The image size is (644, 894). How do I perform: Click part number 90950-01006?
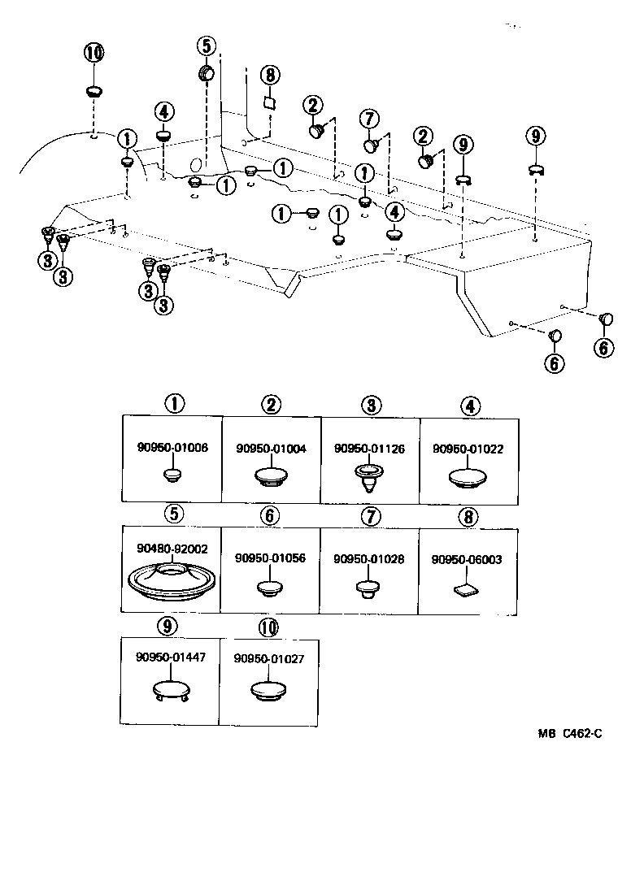click(172, 447)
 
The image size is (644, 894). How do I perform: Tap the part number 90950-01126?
click(370, 448)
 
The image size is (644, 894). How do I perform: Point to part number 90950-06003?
click(468, 559)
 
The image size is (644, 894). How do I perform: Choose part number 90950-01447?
click(171, 658)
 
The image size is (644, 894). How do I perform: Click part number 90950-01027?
click(268, 659)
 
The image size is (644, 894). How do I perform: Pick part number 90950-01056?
click(271, 559)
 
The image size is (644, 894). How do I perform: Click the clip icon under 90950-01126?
click(370, 478)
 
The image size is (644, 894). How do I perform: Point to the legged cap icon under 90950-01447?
click(172, 692)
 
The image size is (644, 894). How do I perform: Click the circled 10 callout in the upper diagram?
click(94, 54)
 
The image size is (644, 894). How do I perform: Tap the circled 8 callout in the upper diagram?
click(270, 75)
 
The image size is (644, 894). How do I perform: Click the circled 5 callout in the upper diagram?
click(207, 46)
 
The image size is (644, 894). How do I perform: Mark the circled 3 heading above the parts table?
click(370, 404)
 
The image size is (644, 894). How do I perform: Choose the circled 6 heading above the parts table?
click(271, 515)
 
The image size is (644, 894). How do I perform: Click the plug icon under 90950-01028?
click(369, 588)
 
